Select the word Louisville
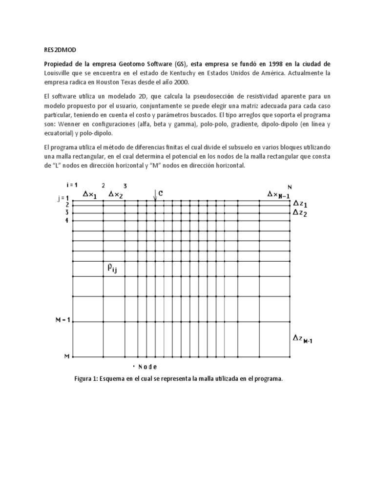point(55,73)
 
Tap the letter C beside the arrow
point(161,193)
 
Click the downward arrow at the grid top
point(155,195)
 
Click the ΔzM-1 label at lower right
point(302,338)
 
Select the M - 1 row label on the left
point(63,321)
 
